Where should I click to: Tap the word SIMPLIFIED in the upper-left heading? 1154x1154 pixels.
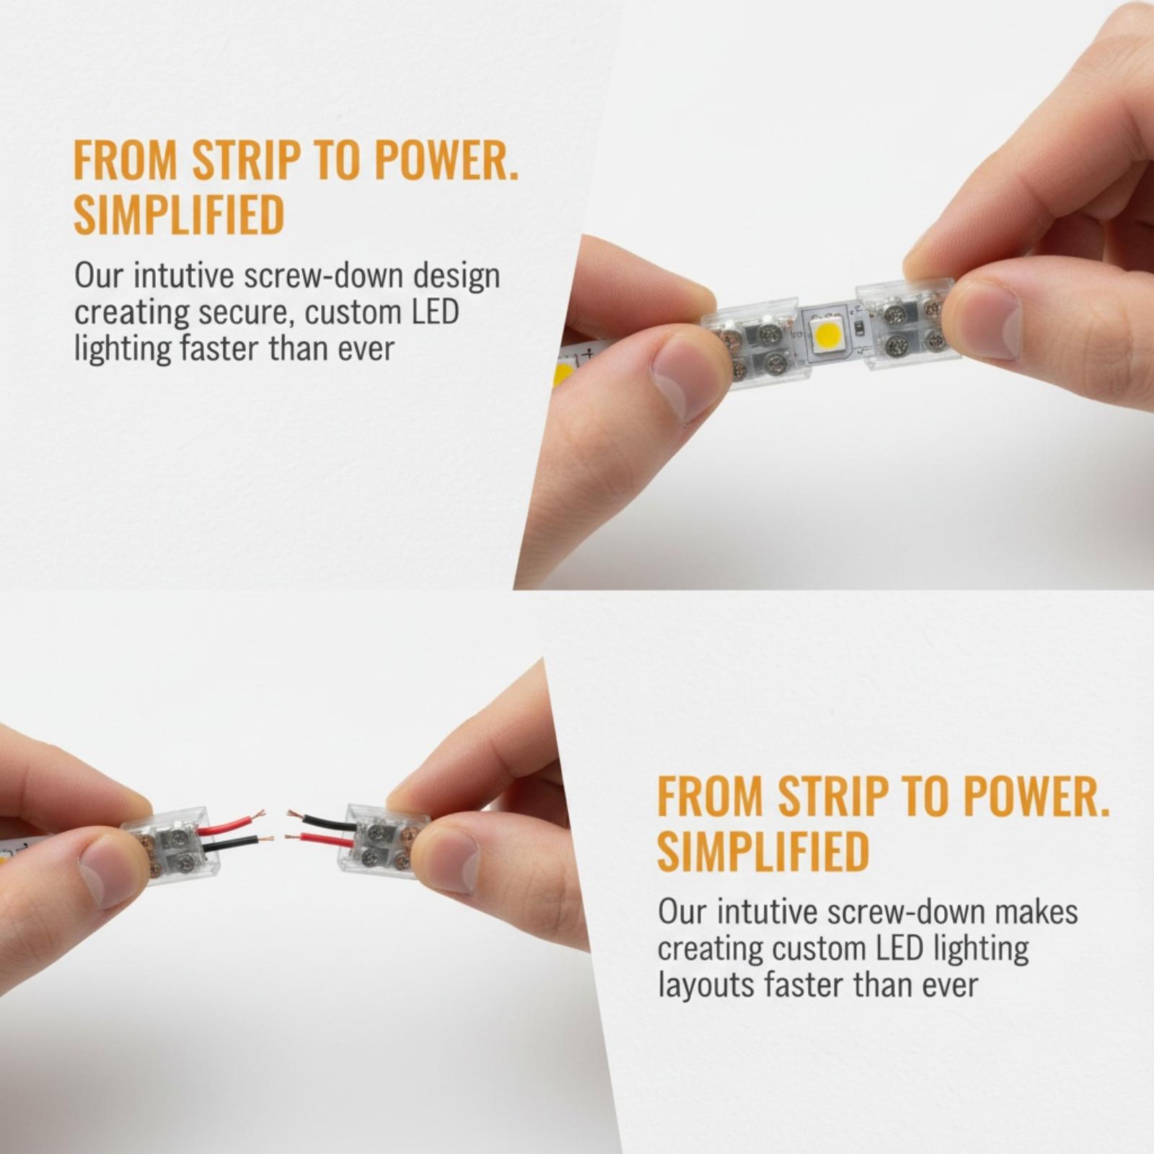180,214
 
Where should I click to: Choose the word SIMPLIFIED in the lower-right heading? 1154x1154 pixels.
763,850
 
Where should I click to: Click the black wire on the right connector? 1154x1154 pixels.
320,821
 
